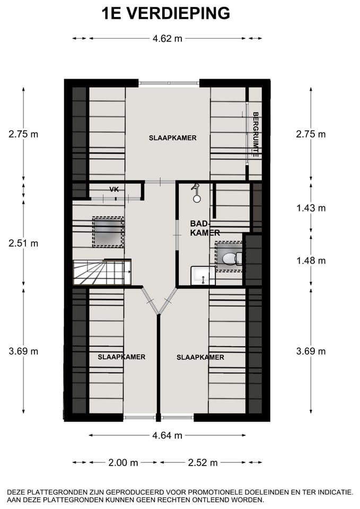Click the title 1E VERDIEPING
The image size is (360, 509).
166,13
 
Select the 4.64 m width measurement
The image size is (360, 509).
167,435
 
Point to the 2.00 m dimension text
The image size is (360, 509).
123,463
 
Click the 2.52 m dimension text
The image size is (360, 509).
203,463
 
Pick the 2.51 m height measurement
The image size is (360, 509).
23,243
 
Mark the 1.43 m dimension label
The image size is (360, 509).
311,208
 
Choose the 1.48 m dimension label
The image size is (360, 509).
311,260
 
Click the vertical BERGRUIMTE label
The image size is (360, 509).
255,134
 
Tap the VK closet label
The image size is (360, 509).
113,189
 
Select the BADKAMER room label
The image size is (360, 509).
205,228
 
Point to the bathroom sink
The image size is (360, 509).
203,275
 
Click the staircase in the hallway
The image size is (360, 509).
101,273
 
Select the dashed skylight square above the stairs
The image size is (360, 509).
108,232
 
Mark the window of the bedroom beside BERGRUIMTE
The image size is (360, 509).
169,83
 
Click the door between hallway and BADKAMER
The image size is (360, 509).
176,227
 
